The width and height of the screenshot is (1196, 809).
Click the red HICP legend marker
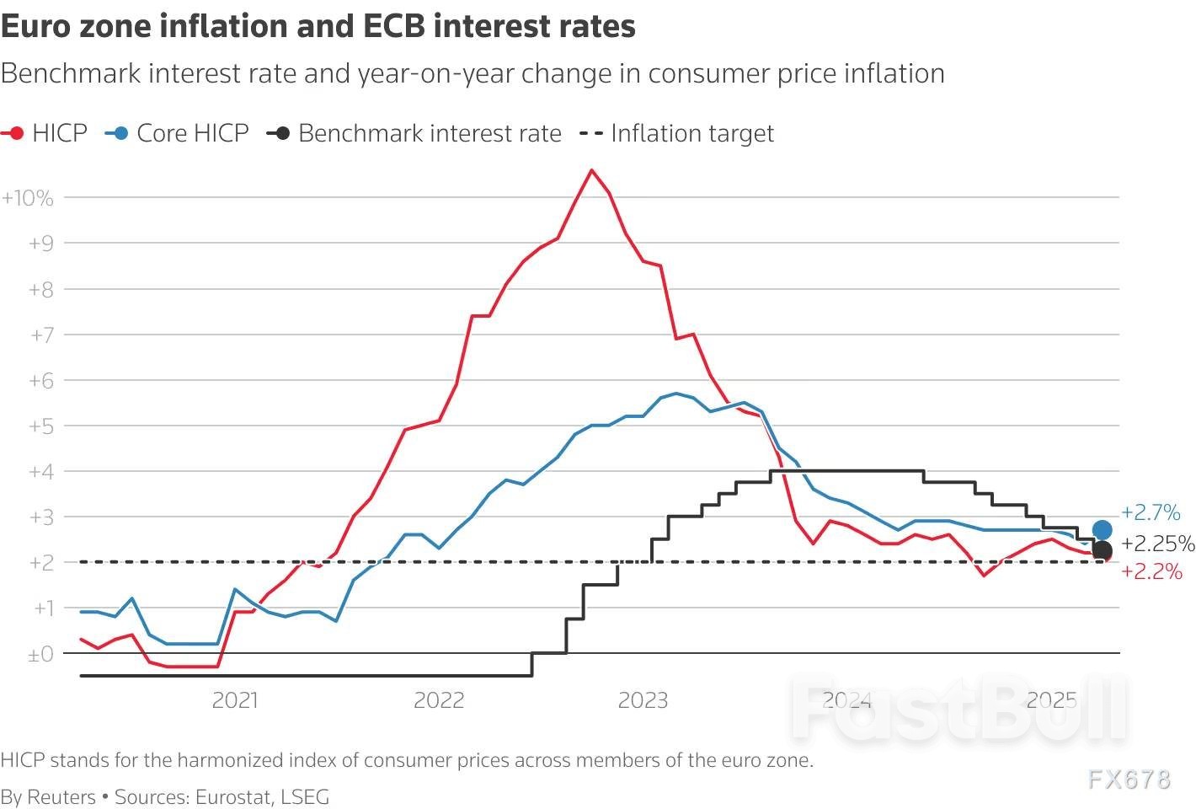(15, 133)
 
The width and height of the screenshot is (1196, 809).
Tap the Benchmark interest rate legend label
(430, 133)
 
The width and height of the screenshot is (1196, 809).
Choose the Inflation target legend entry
(691, 133)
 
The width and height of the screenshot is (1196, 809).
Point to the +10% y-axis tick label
(28, 198)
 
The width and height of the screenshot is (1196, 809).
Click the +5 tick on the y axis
(41, 426)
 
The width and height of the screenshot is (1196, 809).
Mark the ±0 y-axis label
(40, 654)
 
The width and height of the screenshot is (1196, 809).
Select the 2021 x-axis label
(235, 700)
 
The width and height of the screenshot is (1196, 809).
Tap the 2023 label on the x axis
(643, 700)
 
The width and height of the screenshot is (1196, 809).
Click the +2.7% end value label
(1151, 512)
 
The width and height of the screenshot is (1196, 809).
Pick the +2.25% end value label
(1158, 544)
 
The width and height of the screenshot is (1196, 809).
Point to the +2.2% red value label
(1151, 571)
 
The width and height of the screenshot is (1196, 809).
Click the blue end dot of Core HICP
(1102, 530)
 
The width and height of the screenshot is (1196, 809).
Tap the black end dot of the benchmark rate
(1102, 550)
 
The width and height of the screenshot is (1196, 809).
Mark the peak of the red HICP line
(591, 170)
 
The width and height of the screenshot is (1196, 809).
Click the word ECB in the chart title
(394, 27)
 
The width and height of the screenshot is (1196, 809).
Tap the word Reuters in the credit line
(61, 796)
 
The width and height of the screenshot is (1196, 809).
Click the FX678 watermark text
(1129, 780)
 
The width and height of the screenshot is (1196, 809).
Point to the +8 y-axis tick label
(41, 289)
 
